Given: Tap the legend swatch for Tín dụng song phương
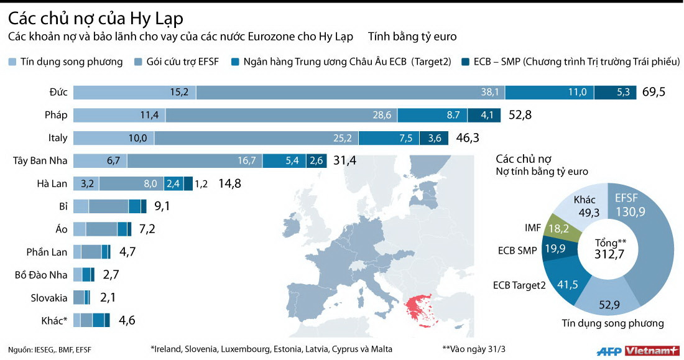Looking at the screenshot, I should pyautogui.click(x=12, y=62).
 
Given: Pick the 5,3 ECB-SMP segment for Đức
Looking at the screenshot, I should pyautogui.click(x=614, y=93).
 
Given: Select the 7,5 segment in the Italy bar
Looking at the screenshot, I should pyautogui.click(x=389, y=138).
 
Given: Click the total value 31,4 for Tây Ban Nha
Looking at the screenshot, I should pyautogui.click(x=344, y=161).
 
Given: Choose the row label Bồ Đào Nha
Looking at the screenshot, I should pyautogui.click(x=40, y=275).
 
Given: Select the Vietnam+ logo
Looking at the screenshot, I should pyautogui.click(x=652, y=351).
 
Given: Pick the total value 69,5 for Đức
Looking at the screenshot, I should pyautogui.click(x=654, y=93).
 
